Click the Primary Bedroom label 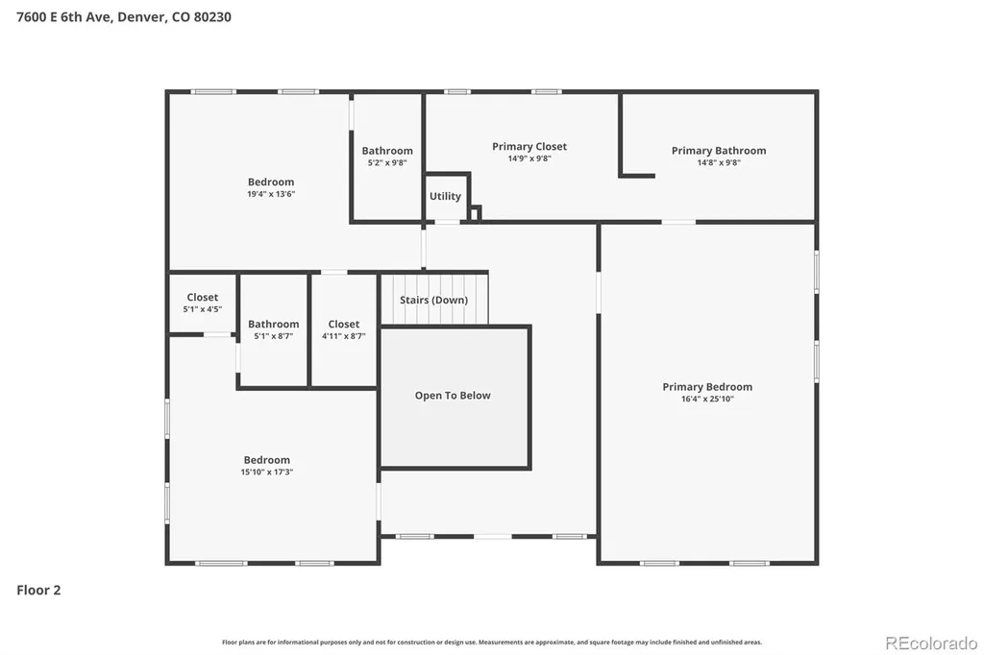pos(707,387)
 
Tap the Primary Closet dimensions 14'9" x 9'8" pos(529,158)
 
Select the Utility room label pos(445,196)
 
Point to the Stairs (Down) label pos(433,300)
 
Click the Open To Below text pos(453,396)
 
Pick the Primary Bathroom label pos(719,151)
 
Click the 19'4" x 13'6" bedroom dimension pos(270,194)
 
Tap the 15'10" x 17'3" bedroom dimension pos(267,472)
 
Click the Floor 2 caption pos(38,590)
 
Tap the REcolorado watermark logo pos(930,643)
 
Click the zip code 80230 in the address pos(212,17)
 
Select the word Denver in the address pos(142,17)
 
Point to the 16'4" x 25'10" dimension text pos(707,399)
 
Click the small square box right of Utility pos(475,213)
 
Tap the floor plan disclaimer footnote pos(491,643)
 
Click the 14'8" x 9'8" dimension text pos(719,163)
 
